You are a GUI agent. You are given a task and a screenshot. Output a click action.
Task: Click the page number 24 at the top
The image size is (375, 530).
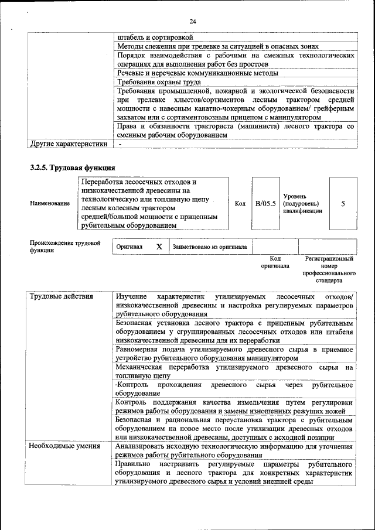tap(192, 22)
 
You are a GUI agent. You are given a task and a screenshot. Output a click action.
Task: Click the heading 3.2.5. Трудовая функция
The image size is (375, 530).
tap(69, 168)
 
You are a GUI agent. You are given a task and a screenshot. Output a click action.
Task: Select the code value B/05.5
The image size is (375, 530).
tap(265, 203)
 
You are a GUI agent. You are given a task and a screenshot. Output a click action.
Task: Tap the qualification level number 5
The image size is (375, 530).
tap(343, 203)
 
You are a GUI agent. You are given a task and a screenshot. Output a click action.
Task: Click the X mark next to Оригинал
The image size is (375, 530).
tap(159, 247)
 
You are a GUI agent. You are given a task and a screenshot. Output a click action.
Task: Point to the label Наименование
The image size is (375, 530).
tap(50, 203)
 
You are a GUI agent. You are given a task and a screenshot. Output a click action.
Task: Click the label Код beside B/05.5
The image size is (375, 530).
tap(240, 203)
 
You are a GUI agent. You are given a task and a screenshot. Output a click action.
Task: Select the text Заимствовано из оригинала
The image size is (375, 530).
tap(209, 247)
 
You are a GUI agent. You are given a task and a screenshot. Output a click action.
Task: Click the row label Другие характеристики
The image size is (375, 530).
tap(69, 143)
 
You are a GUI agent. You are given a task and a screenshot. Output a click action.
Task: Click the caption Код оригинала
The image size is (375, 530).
tap(275, 262)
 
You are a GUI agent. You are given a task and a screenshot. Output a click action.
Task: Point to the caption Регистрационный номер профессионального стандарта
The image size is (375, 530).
tap(329, 269)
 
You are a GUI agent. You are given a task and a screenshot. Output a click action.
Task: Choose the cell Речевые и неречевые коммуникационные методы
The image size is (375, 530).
tap(197, 73)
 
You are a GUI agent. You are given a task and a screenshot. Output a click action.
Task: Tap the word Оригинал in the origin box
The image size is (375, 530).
tap(129, 247)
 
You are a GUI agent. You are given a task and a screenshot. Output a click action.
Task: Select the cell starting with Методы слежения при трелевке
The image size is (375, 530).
tap(217, 46)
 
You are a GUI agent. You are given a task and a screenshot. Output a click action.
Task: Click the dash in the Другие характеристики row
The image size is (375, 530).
tap(120, 143)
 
